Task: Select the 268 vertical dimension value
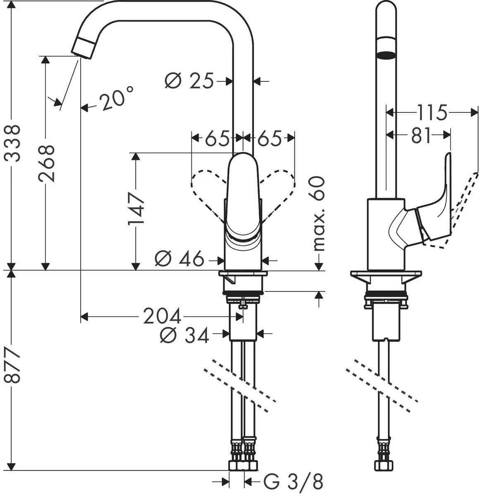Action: pos(46,163)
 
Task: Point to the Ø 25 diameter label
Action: pos(189,81)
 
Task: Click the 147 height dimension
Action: pos(136,208)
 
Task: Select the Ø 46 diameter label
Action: pos(180,260)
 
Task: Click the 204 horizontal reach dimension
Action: pos(162,317)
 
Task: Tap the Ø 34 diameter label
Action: pos(184,335)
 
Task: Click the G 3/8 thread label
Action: pos(293,482)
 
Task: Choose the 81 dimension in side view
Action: pos(421,135)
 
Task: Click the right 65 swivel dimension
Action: pos(269,138)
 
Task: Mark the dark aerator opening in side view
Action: pos(386,55)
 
